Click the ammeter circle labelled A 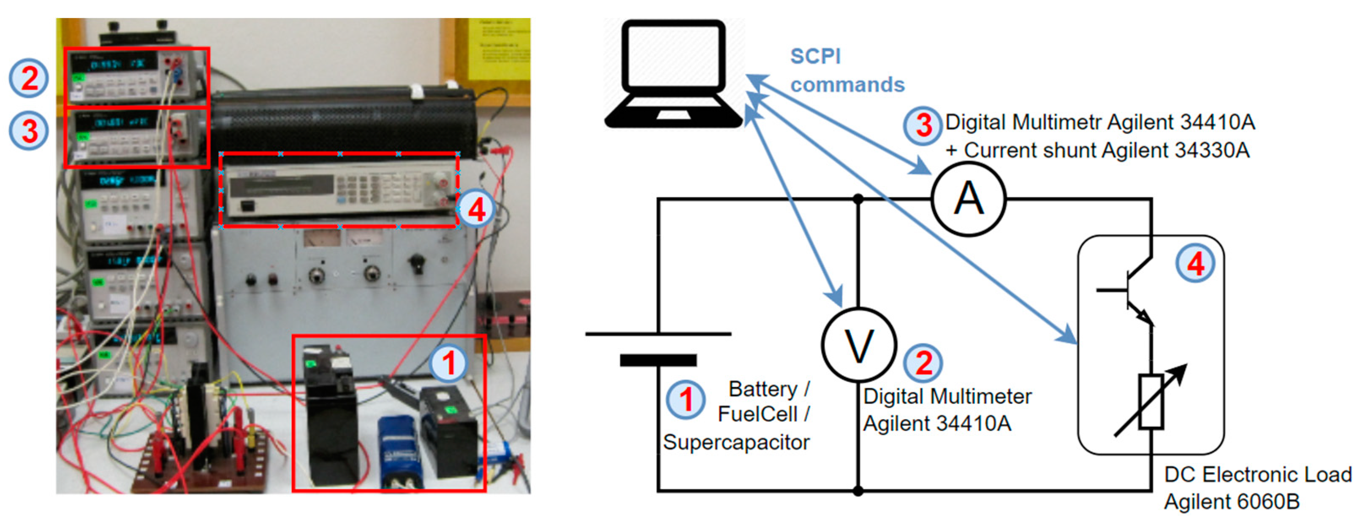point(969,199)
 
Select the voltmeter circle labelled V point(858,345)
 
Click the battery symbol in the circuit point(658,347)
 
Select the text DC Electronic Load point(1257,475)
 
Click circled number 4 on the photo point(476,210)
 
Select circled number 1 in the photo point(449,364)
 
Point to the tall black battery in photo point(330,413)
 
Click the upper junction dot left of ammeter point(858,199)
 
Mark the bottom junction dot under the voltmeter point(858,491)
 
